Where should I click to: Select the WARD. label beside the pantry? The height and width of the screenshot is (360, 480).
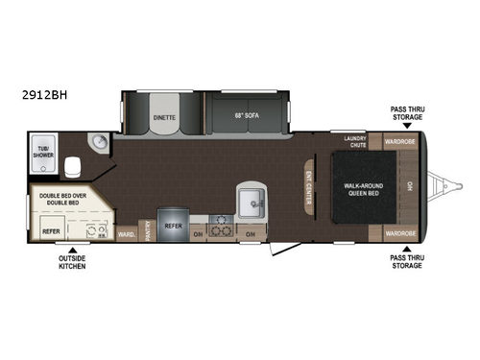125,233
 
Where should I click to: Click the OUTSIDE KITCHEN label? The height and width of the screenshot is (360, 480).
71,261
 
